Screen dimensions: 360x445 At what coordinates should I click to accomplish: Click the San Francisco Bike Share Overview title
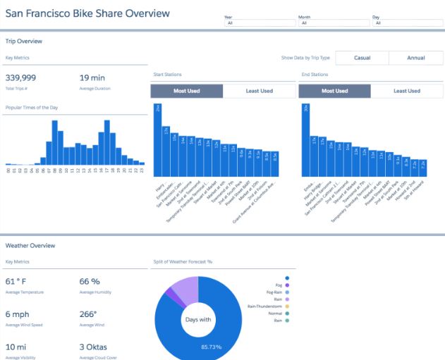click(x=87, y=13)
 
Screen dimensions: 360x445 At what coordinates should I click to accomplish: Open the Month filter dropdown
click(x=334, y=23)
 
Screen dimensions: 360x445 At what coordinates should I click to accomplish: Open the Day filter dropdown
click(x=409, y=23)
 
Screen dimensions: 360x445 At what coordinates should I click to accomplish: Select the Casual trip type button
click(x=361, y=58)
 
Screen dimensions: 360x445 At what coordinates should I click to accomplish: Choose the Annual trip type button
click(x=415, y=58)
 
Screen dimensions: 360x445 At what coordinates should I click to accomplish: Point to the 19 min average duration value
click(x=93, y=77)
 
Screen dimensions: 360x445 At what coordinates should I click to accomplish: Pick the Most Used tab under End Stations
click(x=334, y=91)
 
